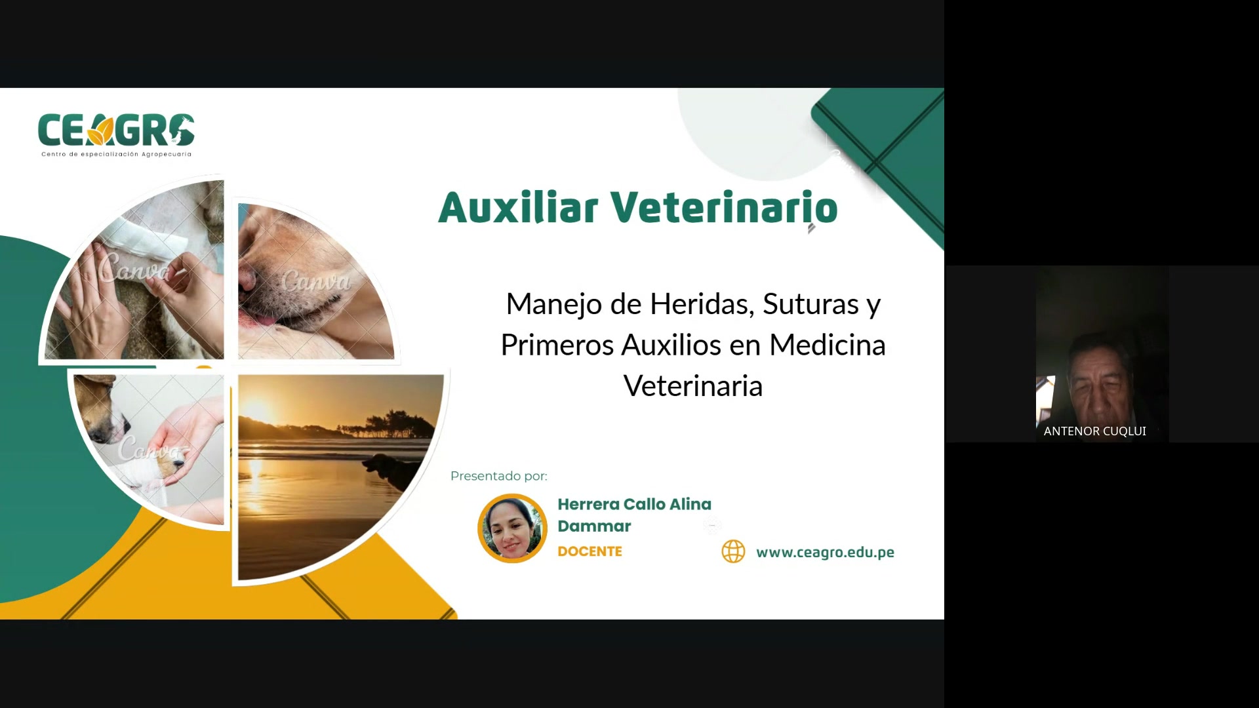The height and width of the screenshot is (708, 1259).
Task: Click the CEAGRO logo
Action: coord(116,130)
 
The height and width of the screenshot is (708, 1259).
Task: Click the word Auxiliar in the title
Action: coord(518,208)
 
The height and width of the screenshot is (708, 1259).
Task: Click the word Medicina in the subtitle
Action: coord(828,345)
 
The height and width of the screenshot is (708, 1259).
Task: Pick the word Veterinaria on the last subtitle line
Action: coord(693,386)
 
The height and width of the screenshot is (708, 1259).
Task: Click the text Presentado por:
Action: coord(498,476)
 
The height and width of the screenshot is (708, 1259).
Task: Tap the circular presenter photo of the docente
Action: coord(512,528)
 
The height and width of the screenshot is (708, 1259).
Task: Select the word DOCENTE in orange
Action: coord(590,551)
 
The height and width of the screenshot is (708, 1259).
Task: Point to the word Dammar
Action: coord(594,526)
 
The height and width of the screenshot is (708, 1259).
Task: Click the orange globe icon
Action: coord(733,551)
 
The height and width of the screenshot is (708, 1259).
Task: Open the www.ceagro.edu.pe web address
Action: coord(825,552)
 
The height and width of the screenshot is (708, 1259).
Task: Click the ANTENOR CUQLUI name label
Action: coord(1094,431)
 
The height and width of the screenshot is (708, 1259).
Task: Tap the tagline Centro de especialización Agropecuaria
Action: coord(116,155)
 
